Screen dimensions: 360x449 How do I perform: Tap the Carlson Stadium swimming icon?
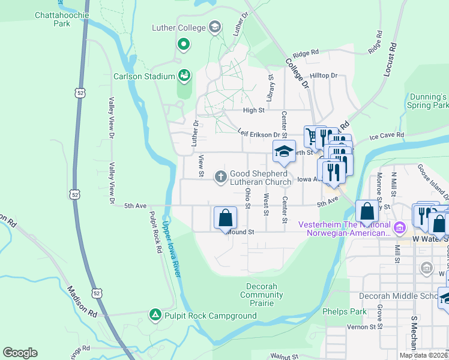[x=184, y=76]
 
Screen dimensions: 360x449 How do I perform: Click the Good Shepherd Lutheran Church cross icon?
[x=220, y=176]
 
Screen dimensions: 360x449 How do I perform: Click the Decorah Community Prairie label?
[x=262, y=295]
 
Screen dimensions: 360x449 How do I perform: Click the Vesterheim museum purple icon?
[x=398, y=228]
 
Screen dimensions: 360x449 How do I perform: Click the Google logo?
[x=20, y=353]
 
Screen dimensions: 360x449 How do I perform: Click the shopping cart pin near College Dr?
[x=312, y=136]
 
